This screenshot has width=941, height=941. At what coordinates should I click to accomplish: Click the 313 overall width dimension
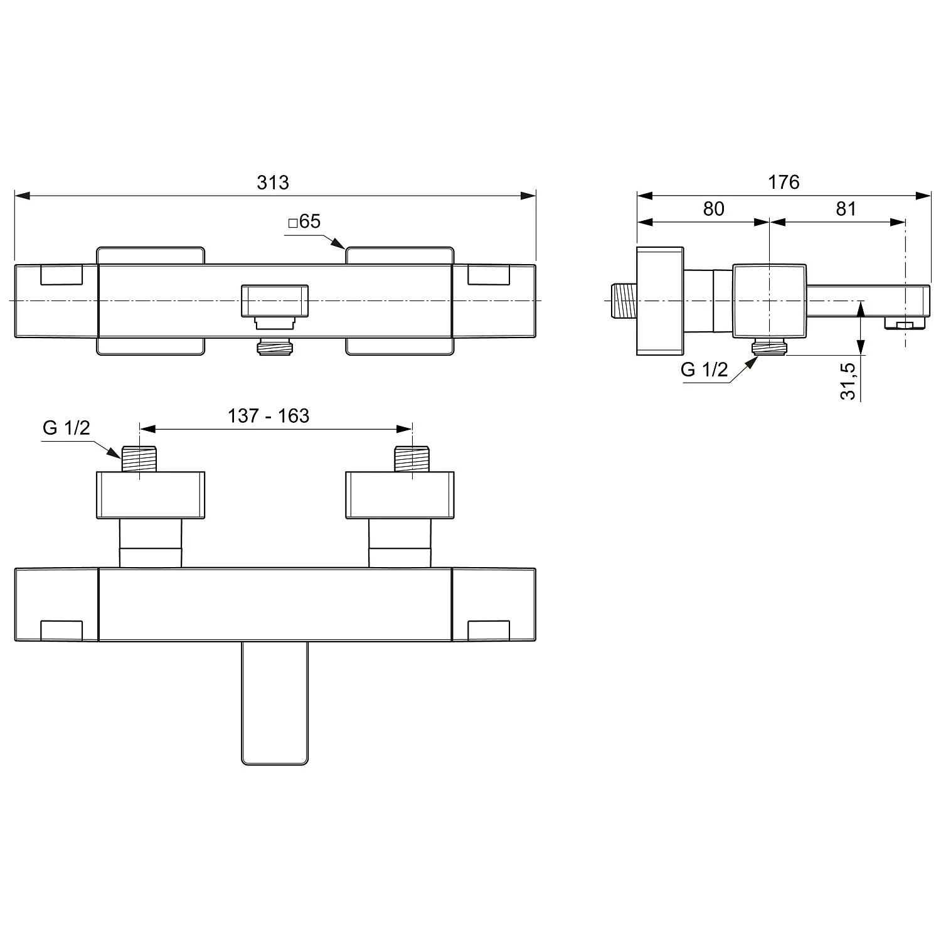click(x=273, y=182)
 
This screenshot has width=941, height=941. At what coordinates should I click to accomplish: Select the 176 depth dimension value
click(x=784, y=182)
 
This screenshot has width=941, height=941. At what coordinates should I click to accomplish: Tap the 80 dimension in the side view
click(x=713, y=209)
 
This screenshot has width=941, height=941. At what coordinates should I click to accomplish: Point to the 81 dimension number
click(x=846, y=209)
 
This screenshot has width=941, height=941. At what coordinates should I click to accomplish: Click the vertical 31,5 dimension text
click(x=848, y=381)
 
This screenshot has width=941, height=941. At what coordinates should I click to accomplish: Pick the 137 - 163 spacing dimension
click(x=268, y=415)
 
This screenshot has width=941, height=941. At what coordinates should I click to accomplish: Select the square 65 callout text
click(x=304, y=221)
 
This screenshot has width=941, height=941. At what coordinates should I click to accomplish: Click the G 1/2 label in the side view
click(x=704, y=370)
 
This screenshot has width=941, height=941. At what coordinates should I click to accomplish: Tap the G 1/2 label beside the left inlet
click(x=66, y=428)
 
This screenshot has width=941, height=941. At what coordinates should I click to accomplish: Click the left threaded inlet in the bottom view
click(x=140, y=459)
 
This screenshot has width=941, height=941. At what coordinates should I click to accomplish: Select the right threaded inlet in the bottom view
click(x=412, y=459)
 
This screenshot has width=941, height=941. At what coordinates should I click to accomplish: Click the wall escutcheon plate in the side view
click(x=660, y=301)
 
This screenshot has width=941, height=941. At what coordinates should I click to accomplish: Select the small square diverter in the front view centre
click(x=275, y=301)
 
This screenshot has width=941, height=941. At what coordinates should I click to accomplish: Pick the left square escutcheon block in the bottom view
click(x=151, y=495)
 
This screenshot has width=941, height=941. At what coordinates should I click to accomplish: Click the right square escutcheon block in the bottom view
click(x=400, y=495)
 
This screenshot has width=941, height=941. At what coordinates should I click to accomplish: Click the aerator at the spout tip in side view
click(x=903, y=324)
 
